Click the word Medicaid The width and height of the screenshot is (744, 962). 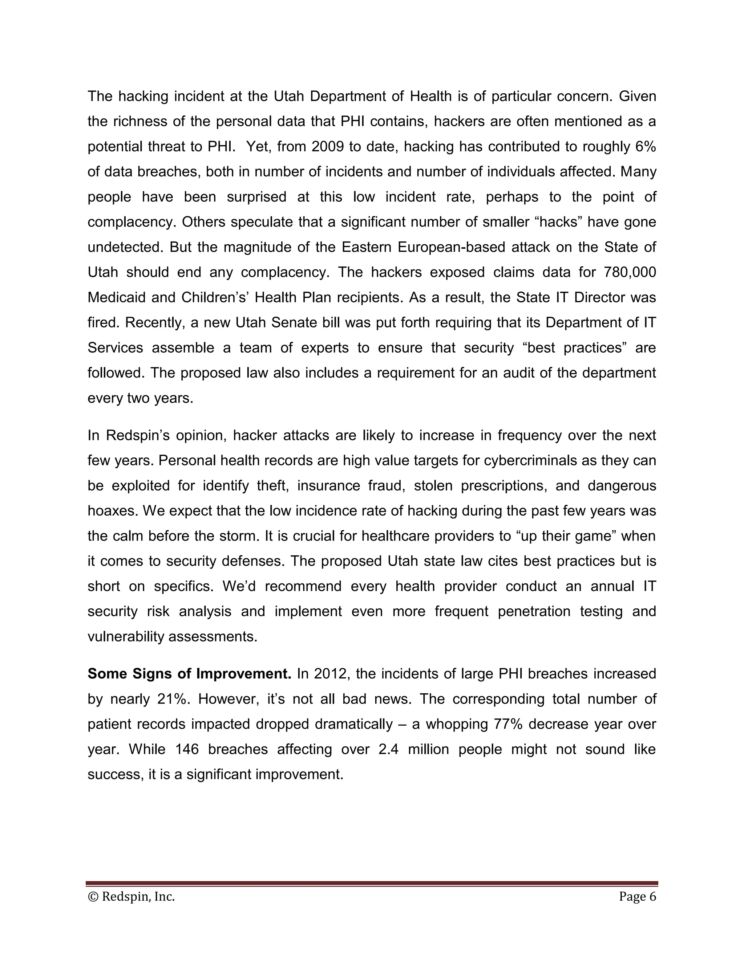pyautogui.click(x=116, y=297)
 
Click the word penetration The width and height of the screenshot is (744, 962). pyautogui.click(x=534, y=611)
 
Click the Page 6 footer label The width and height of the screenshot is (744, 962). pyautogui.click(x=637, y=896)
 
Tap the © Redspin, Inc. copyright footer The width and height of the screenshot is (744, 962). pyautogui.click(x=132, y=896)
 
